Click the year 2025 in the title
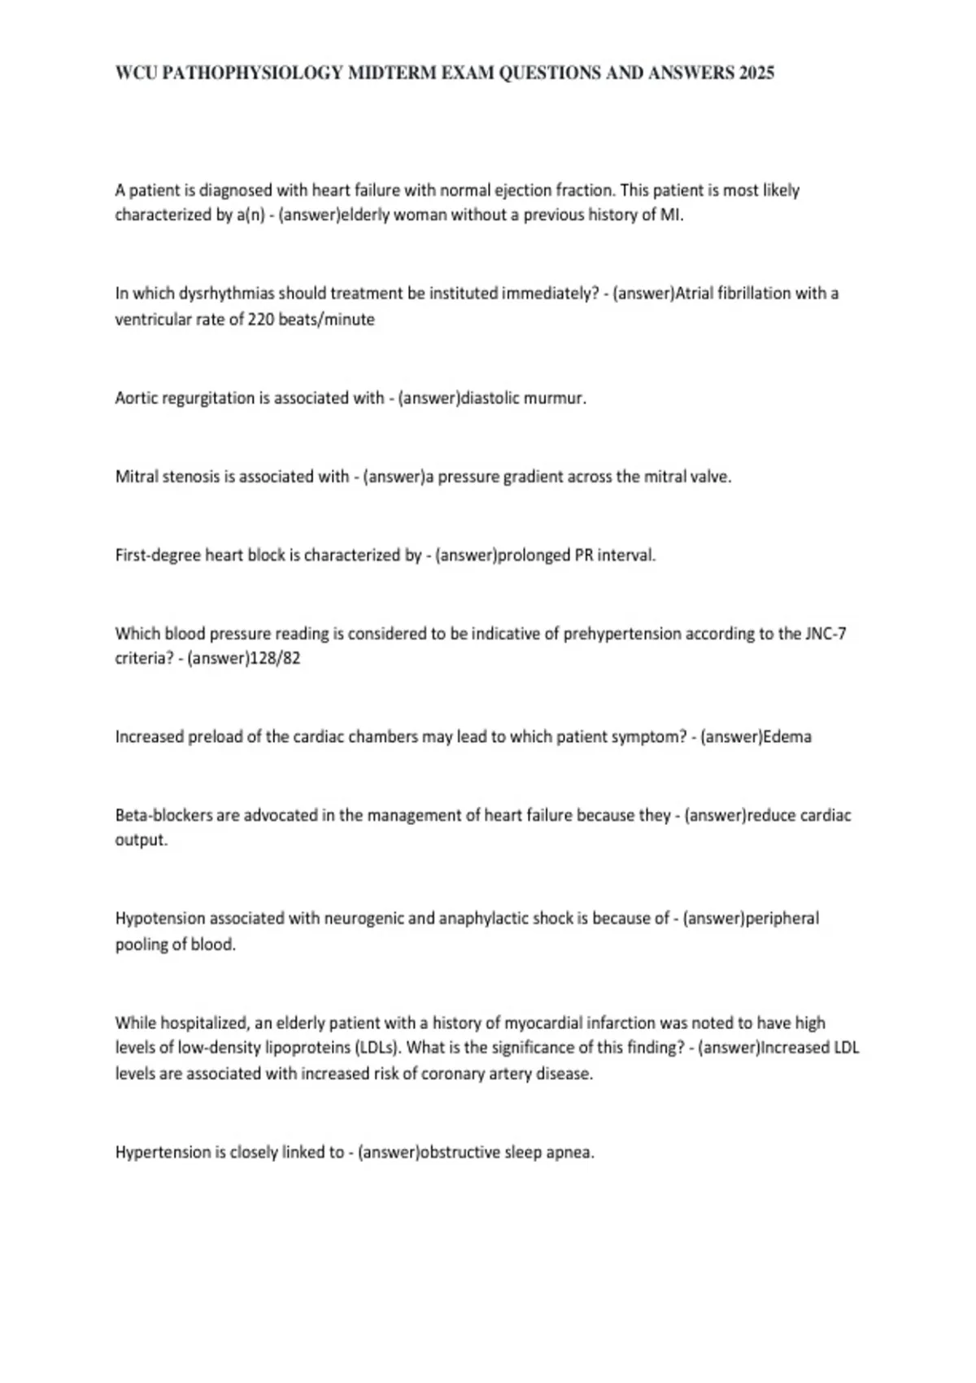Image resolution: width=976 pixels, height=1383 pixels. pyautogui.click(x=756, y=73)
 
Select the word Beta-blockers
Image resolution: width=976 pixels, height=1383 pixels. pyautogui.click(x=163, y=815)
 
